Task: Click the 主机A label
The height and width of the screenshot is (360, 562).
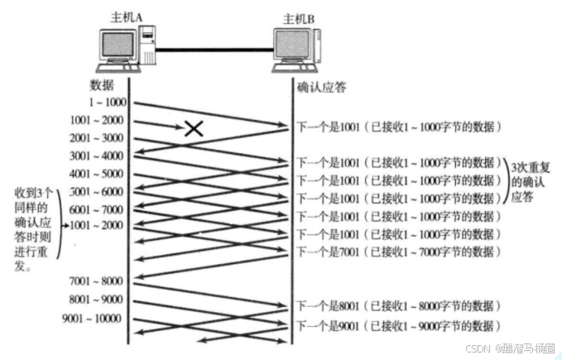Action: pyautogui.click(x=127, y=17)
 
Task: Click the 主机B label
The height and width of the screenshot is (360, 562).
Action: pyautogui.click(x=300, y=17)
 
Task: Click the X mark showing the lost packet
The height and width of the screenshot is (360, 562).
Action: pyautogui.click(x=194, y=127)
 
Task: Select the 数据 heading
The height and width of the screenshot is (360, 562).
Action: pyautogui.click(x=102, y=86)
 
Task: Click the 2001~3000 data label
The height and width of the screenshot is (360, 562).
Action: pyautogui.click(x=98, y=138)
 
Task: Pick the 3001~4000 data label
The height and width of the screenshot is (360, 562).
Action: pyautogui.click(x=98, y=156)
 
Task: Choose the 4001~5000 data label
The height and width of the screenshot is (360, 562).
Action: pyautogui.click(x=98, y=175)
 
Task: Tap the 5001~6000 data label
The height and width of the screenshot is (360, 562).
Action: pyautogui.click(x=98, y=192)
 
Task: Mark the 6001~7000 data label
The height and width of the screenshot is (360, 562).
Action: pyautogui.click(x=98, y=209)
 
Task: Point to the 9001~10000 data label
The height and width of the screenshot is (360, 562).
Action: pyautogui.click(x=92, y=319)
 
